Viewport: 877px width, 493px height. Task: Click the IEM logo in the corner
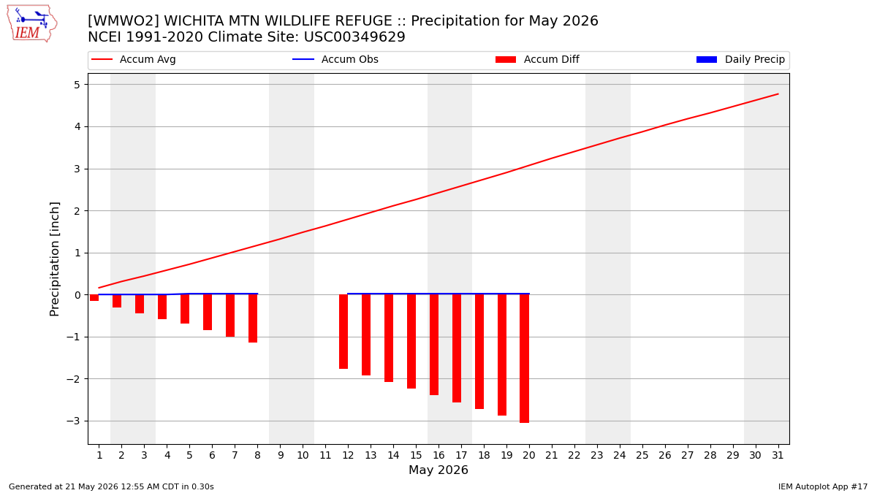[x=31, y=24]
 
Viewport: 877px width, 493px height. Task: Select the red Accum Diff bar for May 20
[x=524, y=359]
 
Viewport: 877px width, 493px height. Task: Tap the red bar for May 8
[x=253, y=318]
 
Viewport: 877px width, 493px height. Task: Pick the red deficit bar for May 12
[x=343, y=332]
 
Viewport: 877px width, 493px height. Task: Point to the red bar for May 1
[x=94, y=298]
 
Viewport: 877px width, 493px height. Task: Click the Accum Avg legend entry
[x=134, y=59]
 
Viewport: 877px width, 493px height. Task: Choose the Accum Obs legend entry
[x=335, y=59]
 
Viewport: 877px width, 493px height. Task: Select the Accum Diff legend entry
[x=537, y=59]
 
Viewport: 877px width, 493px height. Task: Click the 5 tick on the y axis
[x=77, y=85]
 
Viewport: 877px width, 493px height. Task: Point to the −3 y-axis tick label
[x=73, y=421]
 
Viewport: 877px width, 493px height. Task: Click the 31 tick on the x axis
[x=778, y=456]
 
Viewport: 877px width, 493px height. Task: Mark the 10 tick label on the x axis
[x=303, y=456]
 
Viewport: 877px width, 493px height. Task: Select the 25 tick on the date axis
[x=642, y=456]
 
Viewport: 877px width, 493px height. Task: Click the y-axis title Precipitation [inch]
[x=54, y=259]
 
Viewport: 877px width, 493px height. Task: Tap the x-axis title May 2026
[x=438, y=470]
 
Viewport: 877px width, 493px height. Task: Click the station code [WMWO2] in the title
[x=124, y=20]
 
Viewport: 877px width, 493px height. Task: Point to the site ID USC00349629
[x=354, y=37]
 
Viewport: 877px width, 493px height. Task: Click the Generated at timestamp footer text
[x=111, y=486]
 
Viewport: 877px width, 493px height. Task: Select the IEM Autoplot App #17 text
[x=823, y=486]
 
